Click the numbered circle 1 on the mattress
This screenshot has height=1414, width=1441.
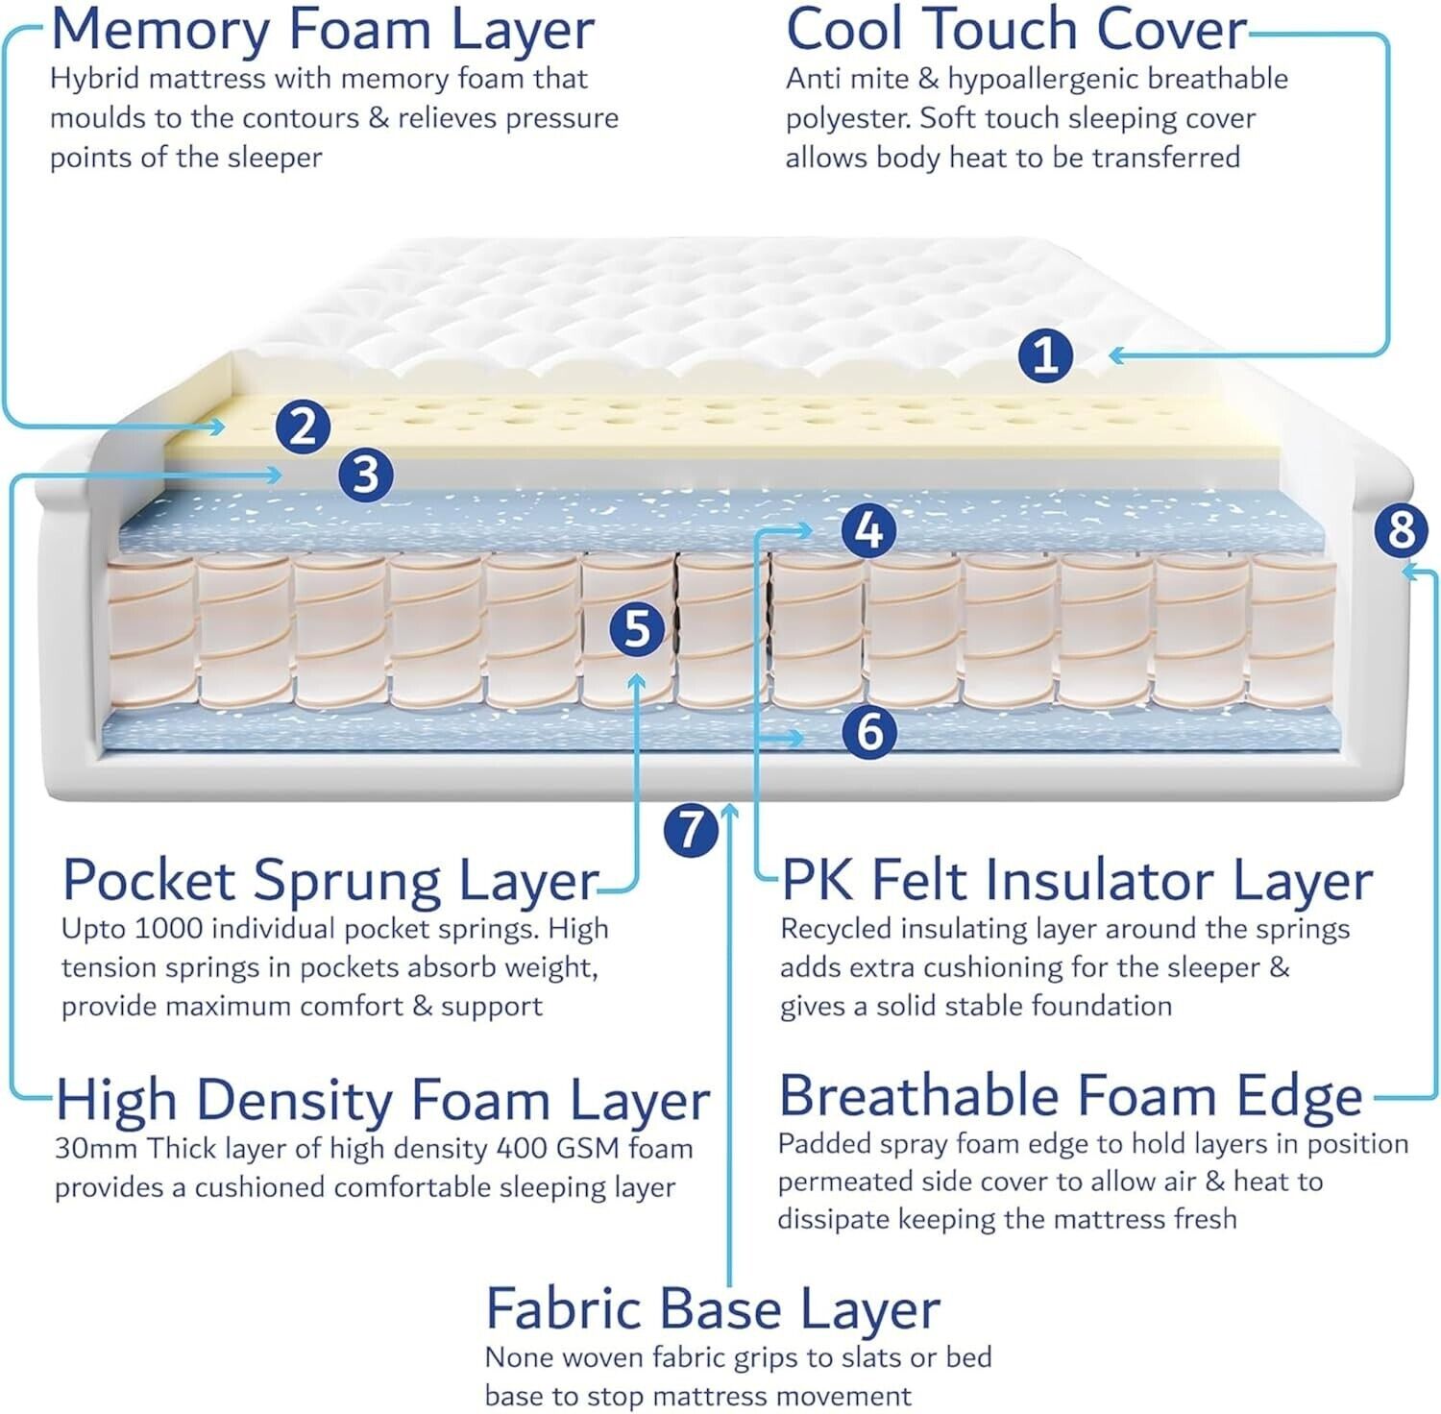[1045, 354]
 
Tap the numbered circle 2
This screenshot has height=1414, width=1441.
[303, 427]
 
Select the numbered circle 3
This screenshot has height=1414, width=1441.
[366, 474]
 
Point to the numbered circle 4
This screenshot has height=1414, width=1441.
[868, 529]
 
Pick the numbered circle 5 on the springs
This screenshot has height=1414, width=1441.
[638, 629]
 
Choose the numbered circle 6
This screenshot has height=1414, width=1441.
[869, 731]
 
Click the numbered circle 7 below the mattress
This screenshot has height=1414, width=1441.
[691, 829]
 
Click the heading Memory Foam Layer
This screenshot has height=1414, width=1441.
[323, 31]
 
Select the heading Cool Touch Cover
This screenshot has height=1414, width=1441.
[1015, 29]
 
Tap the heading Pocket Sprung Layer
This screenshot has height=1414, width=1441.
[330, 880]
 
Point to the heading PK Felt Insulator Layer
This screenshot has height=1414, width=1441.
[1077, 880]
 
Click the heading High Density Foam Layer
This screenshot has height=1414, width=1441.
[382, 1100]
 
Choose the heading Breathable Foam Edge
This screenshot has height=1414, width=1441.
[1070, 1096]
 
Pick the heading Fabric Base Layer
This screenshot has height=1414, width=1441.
[713, 1308]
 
